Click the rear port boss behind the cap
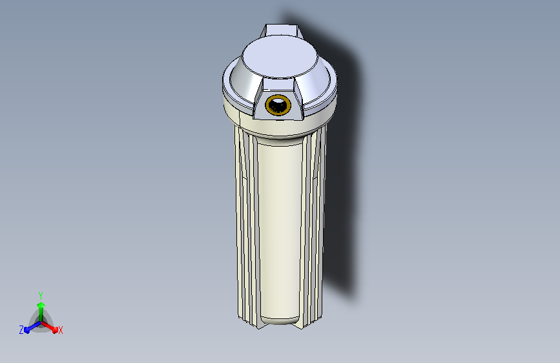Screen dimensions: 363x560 click(282, 30)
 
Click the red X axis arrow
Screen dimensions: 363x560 click(52, 326)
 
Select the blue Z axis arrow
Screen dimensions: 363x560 click(30, 328)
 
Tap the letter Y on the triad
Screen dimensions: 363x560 click(41, 294)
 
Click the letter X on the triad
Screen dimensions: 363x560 click(61, 331)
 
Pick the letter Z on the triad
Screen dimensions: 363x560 click(21, 330)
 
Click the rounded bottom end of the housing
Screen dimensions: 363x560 click(279, 319)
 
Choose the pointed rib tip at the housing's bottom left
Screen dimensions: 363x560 click(258, 325)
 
